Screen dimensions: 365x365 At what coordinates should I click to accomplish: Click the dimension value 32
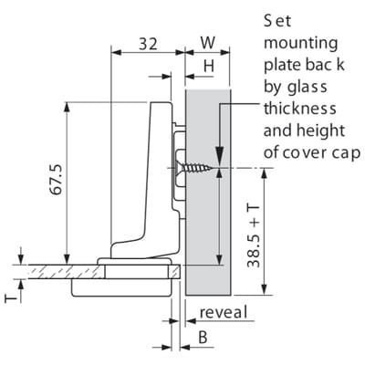pyautogui.click(x=149, y=44)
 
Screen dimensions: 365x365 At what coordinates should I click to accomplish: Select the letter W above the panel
pyautogui.click(x=208, y=43)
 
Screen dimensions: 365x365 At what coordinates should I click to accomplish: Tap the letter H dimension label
pyautogui.click(x=209, y=66)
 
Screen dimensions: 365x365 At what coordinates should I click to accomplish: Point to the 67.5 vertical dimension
pyautogui.click(x=57, y=180)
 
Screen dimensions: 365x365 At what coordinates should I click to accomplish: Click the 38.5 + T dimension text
pyautogui.click(x=254, y=236)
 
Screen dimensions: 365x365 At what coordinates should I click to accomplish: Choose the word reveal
pyautogui.click(x=224, y=312)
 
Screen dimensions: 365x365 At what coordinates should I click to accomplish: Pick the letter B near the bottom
pyautogui.click(x=203, y=337)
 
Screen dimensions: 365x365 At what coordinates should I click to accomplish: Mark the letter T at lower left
pyautogui.click(x=11, y=298)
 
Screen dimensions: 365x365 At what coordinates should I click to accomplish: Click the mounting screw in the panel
pyautogui.click(x=193, y=168)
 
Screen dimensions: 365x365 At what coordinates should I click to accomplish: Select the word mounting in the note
pyautogui.click(x=300, y=44)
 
